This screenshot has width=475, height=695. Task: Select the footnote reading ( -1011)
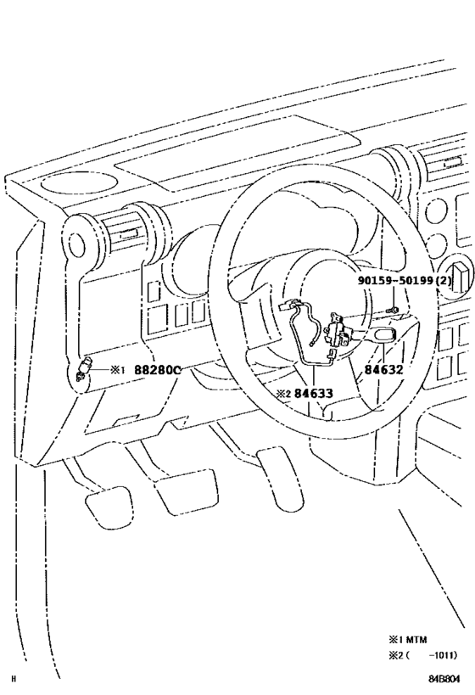coord(425,654)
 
